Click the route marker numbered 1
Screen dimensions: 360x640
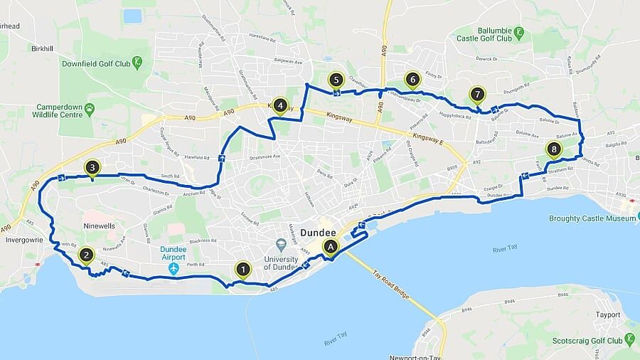[x=244, y=269]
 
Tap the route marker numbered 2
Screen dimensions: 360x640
[x=86, y=254]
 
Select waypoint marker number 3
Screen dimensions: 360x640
[x=92, y=168]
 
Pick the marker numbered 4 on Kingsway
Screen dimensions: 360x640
[x=281, y=107]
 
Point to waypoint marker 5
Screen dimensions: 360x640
[x=336, y=80]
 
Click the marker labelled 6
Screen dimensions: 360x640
[x=412, y=79]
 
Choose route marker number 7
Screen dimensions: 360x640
[x=477, y=94]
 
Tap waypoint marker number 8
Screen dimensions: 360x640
[x=554, y=149]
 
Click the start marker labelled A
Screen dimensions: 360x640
[x=330, y=246]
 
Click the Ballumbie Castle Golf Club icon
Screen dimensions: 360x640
[x=519, y=32]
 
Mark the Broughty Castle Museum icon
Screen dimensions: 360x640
[x=631, y=206]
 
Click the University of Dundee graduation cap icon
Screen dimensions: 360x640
[x=282, y=243]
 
